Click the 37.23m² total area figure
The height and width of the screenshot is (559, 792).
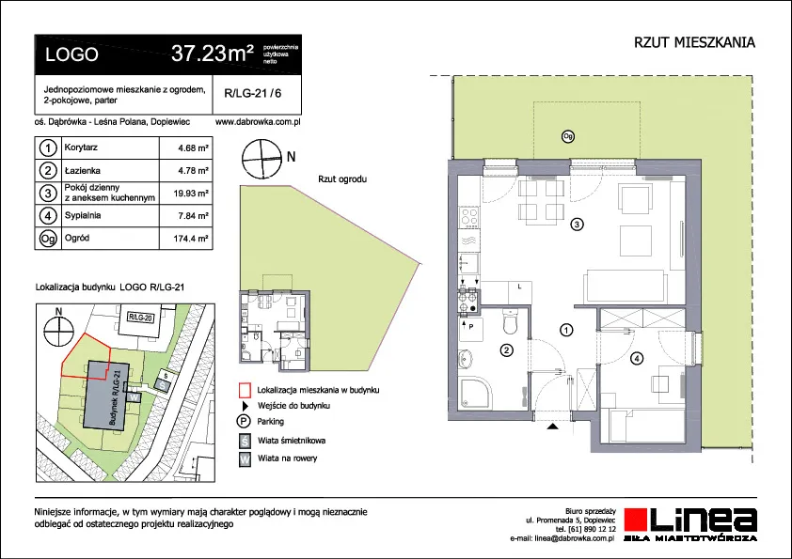tap(213, 53)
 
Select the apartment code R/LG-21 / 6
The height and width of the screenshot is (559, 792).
tap(252, 93)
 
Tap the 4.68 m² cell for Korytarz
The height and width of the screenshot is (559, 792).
tap(193, 148)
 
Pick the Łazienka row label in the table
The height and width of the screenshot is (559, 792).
tap(83, 171)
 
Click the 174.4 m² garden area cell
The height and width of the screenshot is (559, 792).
tap(191, 238)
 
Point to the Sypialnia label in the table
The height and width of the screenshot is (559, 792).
tap(83, 215)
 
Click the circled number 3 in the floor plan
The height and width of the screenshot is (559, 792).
tap(577, 224)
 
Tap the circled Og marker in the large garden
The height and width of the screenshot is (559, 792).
tap(568, 136)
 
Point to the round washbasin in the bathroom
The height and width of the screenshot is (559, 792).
tap(466, 360)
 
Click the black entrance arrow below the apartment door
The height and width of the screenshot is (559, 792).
tap(553, 427)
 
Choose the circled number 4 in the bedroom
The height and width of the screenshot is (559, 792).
tap(638, 359)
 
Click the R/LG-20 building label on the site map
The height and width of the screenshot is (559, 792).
tap(140, 318)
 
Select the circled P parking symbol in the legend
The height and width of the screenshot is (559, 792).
tap(244, 422)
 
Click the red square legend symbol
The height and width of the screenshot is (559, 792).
tap(245, 390)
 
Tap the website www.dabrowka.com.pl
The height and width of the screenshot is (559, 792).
tap(258, 121)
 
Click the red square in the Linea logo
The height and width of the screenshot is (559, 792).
tap(636, 520)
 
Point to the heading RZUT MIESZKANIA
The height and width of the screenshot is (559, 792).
tap(694, 43)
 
